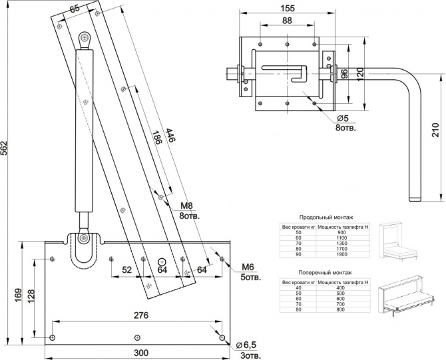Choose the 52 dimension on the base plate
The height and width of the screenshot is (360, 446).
(x=126, y=270)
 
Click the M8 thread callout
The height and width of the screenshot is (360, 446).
(x=188, y=206)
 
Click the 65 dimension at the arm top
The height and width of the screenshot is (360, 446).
(x=74, y=8)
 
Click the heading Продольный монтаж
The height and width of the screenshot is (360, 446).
(x=326, y=218)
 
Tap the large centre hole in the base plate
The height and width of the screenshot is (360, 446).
(x=162, y=261)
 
